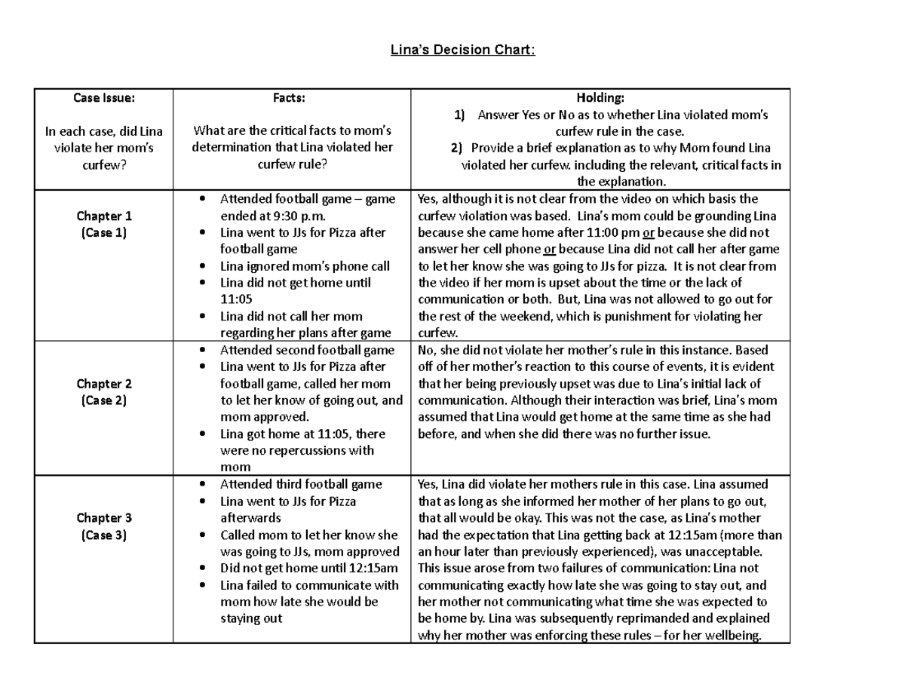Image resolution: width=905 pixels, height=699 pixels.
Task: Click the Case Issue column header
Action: [103, 97]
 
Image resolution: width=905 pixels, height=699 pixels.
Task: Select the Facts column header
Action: [291, 97]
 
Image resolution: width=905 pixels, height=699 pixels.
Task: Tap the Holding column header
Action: [600, 97]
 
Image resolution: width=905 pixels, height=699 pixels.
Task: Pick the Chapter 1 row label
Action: [103, 216]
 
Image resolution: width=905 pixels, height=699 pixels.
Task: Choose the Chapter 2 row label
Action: [103, 384]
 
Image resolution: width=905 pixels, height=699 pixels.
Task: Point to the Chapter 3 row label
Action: [103, 518]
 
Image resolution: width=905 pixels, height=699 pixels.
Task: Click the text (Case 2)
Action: [103, 400]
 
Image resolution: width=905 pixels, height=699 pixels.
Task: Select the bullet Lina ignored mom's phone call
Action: [305, 266]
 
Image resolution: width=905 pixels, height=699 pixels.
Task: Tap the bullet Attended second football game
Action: [307, 350]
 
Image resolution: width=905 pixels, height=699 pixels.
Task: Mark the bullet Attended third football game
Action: [301, 484]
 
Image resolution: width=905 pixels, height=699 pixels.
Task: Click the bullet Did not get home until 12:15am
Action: [308, 568]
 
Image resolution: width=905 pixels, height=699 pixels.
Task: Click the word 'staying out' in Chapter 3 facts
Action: [251, 618]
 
